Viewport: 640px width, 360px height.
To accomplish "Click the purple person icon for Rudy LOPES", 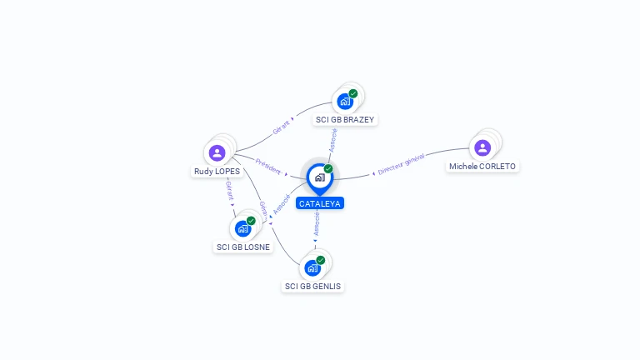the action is (217, 153).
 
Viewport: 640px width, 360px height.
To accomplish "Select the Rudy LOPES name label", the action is (217, 172).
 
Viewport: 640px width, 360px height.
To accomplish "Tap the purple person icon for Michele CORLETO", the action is (482, 147).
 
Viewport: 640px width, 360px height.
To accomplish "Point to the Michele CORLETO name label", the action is (482, 167).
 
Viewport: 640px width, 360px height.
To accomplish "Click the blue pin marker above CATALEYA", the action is (320, 179).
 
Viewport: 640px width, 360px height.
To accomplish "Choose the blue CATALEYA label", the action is (320, 203).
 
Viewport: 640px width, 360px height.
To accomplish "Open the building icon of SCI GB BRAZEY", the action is (345, 102).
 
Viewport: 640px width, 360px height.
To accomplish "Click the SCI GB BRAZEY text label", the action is (345, 120).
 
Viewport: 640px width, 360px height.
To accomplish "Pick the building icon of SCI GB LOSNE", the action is (242, 229).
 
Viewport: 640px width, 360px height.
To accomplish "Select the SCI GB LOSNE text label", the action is (242, 247).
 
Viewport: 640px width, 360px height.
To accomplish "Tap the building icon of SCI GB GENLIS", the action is (312, 268).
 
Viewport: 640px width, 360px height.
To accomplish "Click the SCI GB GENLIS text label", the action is (312, 286).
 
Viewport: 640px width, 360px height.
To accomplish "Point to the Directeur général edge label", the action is (401, 164).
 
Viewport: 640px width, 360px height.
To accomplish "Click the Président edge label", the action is (268, 167).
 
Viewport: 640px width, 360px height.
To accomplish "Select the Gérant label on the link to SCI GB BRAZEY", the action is (281, 127).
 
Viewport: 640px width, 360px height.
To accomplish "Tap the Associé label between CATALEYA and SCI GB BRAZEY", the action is (333, 140).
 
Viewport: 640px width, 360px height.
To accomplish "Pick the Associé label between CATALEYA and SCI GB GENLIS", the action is (317, 224).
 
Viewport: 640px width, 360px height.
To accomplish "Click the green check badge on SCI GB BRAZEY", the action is (353, 93).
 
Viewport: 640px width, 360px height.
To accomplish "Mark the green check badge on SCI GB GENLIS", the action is (321, 260).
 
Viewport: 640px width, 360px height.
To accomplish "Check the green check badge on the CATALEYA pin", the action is (328, 168).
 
